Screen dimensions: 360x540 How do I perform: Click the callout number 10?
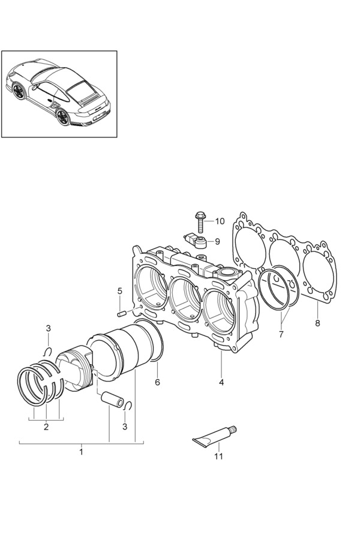(x=220, y=221)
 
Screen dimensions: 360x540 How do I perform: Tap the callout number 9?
(x=217, y=241)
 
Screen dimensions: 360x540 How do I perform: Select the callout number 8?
(x=317, y=323)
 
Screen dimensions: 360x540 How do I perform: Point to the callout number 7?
(x=281, y=334)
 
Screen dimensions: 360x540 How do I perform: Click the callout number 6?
(x=157, y=382)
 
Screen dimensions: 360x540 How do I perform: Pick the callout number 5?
(x=119, y=291)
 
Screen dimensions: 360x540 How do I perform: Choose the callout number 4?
(x=221, y=382)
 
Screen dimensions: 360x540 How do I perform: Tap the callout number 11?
(x=219, y=457)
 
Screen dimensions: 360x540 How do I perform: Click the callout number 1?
(x=82, y=451)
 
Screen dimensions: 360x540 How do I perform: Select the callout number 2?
(x=46, y=427)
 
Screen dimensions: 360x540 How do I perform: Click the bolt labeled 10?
(x=200, y=223)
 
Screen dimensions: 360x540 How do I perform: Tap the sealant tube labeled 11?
(x=214, y=437)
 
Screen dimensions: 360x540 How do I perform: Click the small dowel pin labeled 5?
(x=121, y=314)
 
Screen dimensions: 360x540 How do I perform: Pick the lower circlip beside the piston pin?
(x=128, y=406)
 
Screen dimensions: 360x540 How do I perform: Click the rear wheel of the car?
(x=64, y=116)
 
